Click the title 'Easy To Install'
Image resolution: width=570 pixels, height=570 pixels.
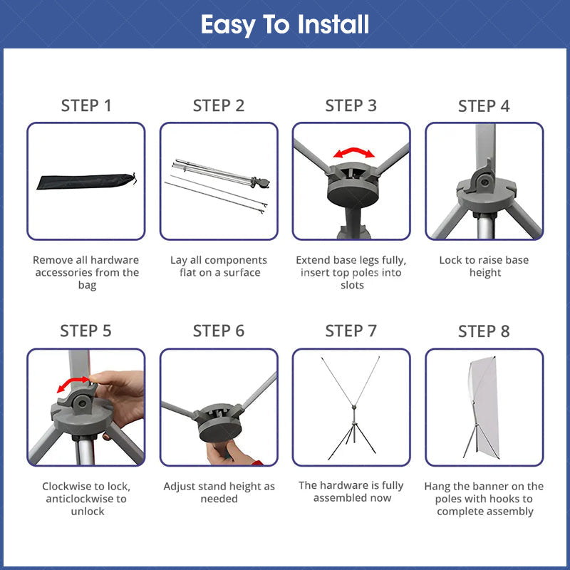(285, 25)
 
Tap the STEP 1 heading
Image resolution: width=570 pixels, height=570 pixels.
(86, 105)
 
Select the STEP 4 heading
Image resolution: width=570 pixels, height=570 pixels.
(484, 106)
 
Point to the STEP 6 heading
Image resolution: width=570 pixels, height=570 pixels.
(219, 331)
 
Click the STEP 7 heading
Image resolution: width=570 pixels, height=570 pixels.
(351, 331)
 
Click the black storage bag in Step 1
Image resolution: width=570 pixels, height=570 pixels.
(86, 181)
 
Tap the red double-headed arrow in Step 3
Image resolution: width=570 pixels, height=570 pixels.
(353, 152)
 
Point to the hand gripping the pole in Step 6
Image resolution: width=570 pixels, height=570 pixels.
(231, 452)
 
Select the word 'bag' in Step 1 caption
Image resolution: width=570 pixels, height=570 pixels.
(87, 285)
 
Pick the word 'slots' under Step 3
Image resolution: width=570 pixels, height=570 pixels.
(352, 285)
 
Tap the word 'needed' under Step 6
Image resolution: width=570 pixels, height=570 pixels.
(219, 499)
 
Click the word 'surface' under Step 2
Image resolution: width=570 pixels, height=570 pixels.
(242, 273)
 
